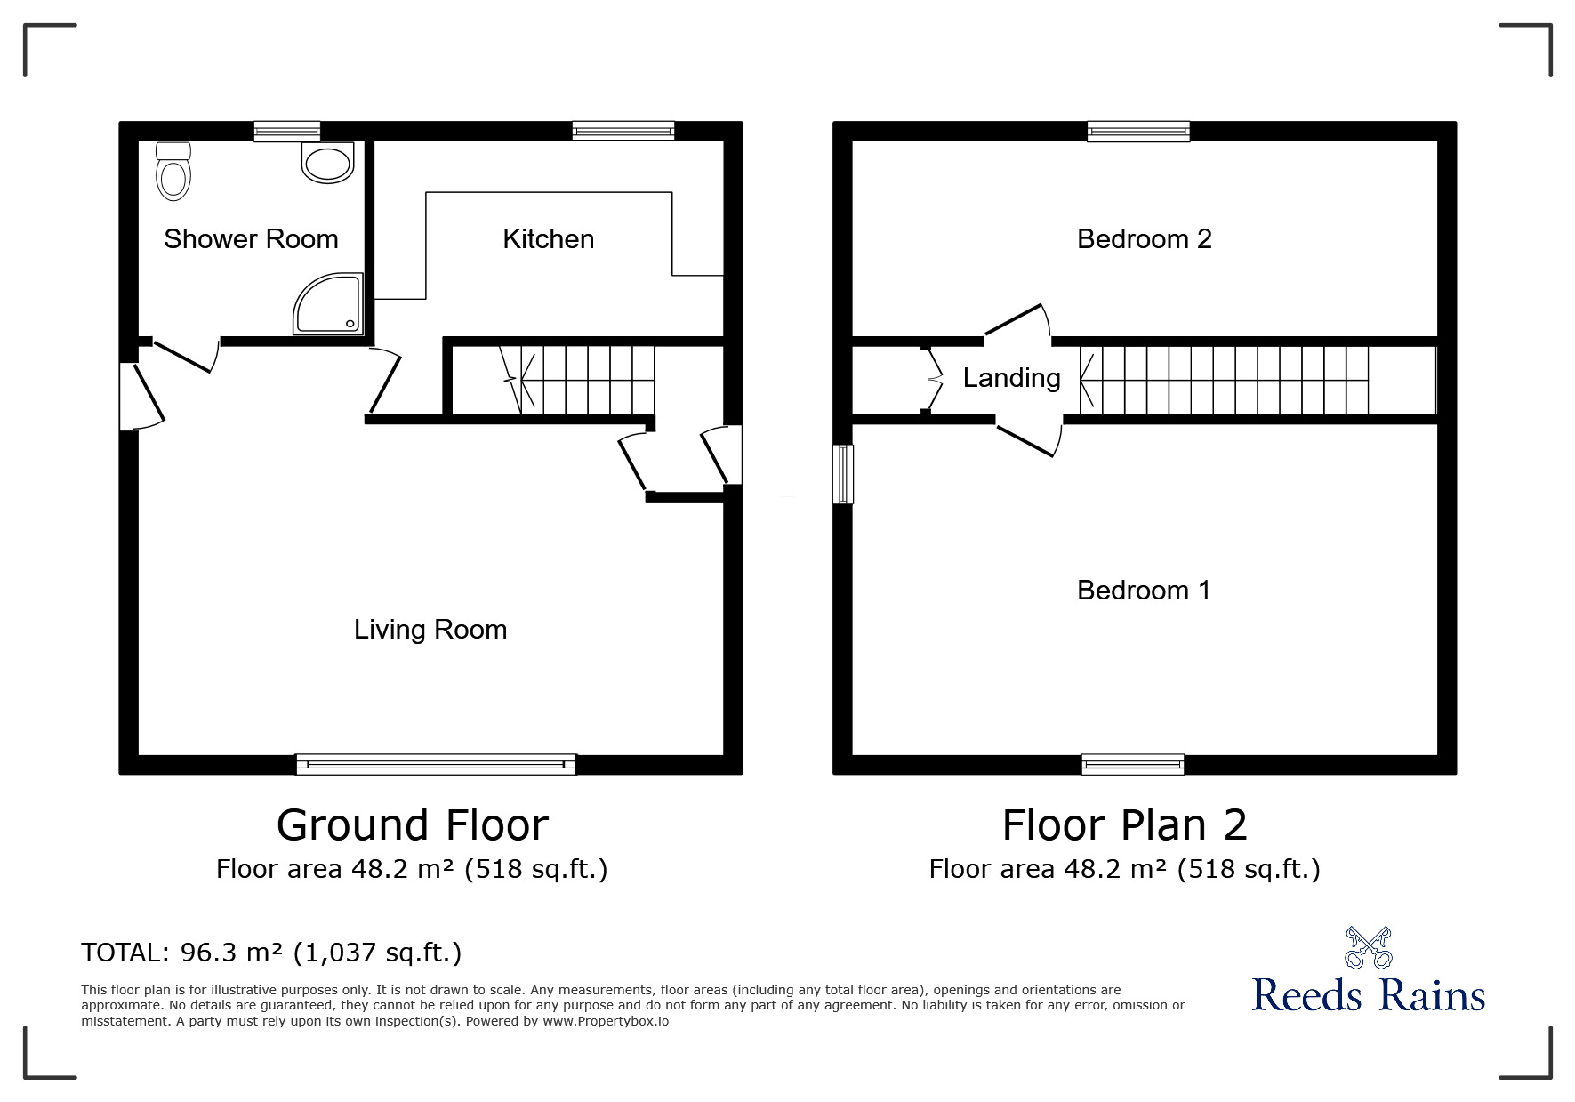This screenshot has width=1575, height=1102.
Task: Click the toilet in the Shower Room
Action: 173,171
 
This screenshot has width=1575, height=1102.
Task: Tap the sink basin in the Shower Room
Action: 327,163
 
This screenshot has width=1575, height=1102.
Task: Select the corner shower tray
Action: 328,304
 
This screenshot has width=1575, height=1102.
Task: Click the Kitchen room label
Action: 548,238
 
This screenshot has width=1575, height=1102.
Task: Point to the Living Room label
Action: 430,630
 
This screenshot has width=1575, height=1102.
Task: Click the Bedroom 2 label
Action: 1145,238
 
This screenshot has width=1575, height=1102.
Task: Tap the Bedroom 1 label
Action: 1144,590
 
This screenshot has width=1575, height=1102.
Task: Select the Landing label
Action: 1012,378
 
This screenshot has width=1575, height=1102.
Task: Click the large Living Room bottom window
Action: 436,764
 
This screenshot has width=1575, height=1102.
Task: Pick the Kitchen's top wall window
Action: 623,131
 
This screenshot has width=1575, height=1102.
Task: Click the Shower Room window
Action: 287,131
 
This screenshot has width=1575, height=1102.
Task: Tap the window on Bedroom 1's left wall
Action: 843,474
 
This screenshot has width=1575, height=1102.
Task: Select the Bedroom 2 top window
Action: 1138,131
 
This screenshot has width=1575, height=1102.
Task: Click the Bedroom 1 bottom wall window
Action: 1133,764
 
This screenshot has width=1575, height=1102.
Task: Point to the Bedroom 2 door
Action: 1015,321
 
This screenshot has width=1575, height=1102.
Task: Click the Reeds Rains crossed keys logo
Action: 1368,947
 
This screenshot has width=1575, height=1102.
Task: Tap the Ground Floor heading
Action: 413,825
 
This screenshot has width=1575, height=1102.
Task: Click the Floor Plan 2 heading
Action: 1125,825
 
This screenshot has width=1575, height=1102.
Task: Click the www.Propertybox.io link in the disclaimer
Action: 606,1021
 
